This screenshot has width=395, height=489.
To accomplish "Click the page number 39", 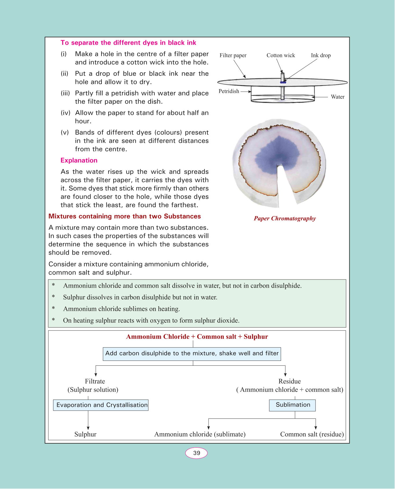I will [x=196, y=453].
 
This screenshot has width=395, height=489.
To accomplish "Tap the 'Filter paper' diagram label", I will [x=233, y=55].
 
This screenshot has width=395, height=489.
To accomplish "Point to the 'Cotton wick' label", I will [x=280, y=55].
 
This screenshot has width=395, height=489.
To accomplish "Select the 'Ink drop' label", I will [x=321, y=55].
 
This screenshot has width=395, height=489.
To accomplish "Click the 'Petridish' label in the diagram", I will [x=229, y=91].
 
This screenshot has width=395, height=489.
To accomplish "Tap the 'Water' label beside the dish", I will [x=337, y=97].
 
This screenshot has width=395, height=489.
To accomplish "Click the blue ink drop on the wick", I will [x=283, y=82].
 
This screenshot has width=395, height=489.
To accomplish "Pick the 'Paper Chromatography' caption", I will [x=285, y=218].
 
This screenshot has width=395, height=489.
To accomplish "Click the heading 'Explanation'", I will [x=79, y=161].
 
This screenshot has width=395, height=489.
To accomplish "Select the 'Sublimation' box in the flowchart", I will [x=292, y=405].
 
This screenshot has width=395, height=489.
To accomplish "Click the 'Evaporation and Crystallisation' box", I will [x=101, y=405].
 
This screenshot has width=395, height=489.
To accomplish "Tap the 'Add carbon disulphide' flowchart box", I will [x=192, y=354].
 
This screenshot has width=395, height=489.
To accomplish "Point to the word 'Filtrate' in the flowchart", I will [x=95, y=381].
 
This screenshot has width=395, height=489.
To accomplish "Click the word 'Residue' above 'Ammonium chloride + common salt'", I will [x=289, y=381].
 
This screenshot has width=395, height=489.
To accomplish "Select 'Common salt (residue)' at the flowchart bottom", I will [x=312, y=434].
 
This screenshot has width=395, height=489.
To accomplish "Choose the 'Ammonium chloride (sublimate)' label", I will [x=200, y=434].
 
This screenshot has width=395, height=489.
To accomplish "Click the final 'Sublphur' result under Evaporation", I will [x=85, y=434].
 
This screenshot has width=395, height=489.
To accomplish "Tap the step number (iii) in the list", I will [x=65, y=93].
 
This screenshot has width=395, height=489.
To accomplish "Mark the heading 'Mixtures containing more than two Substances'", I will [x=125, y=216].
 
